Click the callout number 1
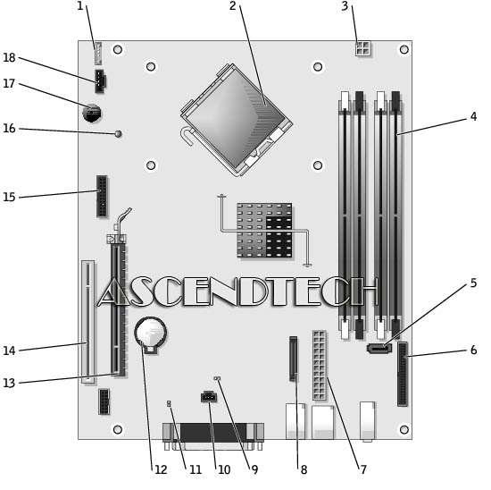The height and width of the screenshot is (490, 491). (x=80, y=6)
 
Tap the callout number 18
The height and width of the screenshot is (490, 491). (x=9, y=57)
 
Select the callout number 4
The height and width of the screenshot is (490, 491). (x=473, y=116)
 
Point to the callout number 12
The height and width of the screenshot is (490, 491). (x=161, y=469)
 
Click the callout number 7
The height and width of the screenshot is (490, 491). (x=363, y=469)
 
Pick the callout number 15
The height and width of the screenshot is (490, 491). (x=9, y=197)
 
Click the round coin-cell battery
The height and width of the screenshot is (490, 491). (x=151, y=334)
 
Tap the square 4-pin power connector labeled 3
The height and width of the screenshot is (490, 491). (x=363, y=48)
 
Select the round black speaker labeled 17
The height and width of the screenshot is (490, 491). (x=92, y=113)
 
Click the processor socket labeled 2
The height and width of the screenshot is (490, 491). (x=237, y=120)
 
